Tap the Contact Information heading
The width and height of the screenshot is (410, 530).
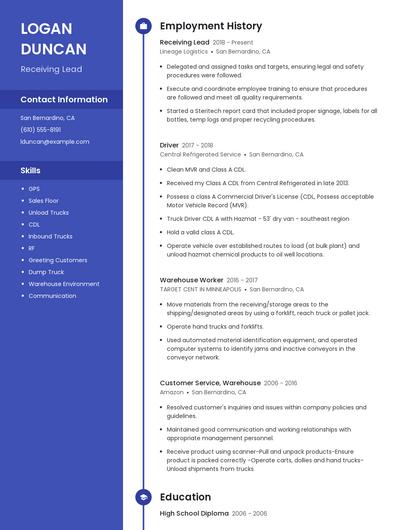pyautogui.click(x=64, y=100)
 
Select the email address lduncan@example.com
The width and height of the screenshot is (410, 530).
pyautogui.click(x=55, y=141)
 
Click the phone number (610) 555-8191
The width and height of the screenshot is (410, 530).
pyautogui.click(x=41, y=129)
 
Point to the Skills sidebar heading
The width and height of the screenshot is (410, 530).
pyautogui.click(x=31, y=171)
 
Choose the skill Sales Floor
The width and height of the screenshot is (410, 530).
pyautogui.click(x=43, y=201)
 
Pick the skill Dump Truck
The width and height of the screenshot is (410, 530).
pyautogui.click(x=45, y=272)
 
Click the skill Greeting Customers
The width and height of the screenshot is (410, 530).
pyautogui.click(x=57, y=260)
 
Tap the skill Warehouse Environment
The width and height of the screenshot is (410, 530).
pyautogui.click(x=63, y=284)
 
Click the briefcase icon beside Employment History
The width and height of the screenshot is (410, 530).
pyautogui.click(x=142, y=26)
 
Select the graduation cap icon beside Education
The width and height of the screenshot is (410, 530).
pyautogui.click(x=142, y=497)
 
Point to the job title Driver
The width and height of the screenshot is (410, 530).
pyautogui.click(x=169, y=145)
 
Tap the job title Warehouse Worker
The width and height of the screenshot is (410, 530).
pyautogui.click(x=192, y=280)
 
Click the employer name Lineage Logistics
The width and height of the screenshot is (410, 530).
pyautogui.click(x=184, y=51)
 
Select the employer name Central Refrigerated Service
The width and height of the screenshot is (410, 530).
pyautogui.click(x=200, y=155)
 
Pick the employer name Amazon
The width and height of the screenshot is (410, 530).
pyautogui.click(x=171, y=392)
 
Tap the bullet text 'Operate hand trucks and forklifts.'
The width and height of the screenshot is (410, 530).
pyautogui.click(x=215, y=326)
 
